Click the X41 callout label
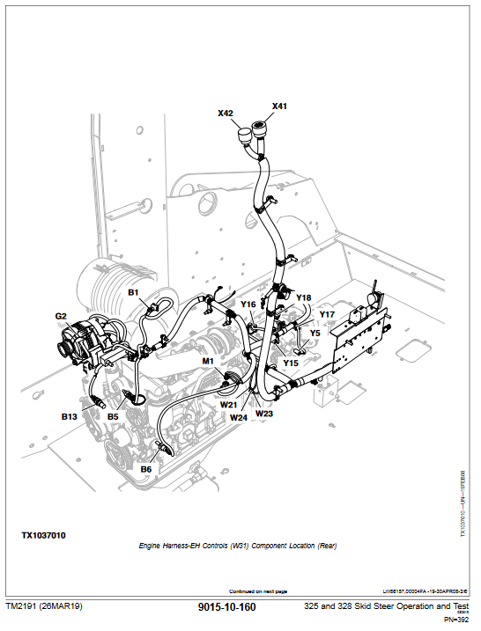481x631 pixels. tap(279, 106)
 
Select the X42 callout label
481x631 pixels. tap(226, 113)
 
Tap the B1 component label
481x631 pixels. tap(134, 292)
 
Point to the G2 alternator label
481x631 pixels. tap(61, 316)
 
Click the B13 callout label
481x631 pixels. tap(70, 416)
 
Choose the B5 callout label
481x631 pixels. tap(113, 416)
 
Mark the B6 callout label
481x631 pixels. tap(146, 469)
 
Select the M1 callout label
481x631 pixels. tap(208, 361)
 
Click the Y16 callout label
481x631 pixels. tap(248, 304)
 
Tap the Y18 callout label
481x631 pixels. tap(303, 297)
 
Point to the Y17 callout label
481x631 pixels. tap(327, 314)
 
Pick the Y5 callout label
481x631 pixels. tap(314, 333)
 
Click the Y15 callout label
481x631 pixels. tap(291, 363)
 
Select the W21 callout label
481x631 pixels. tap(228, 405)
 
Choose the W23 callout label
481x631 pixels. tap(264, 413)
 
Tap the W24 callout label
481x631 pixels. tap(238, 418)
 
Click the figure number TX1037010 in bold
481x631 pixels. tap(44, 535)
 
